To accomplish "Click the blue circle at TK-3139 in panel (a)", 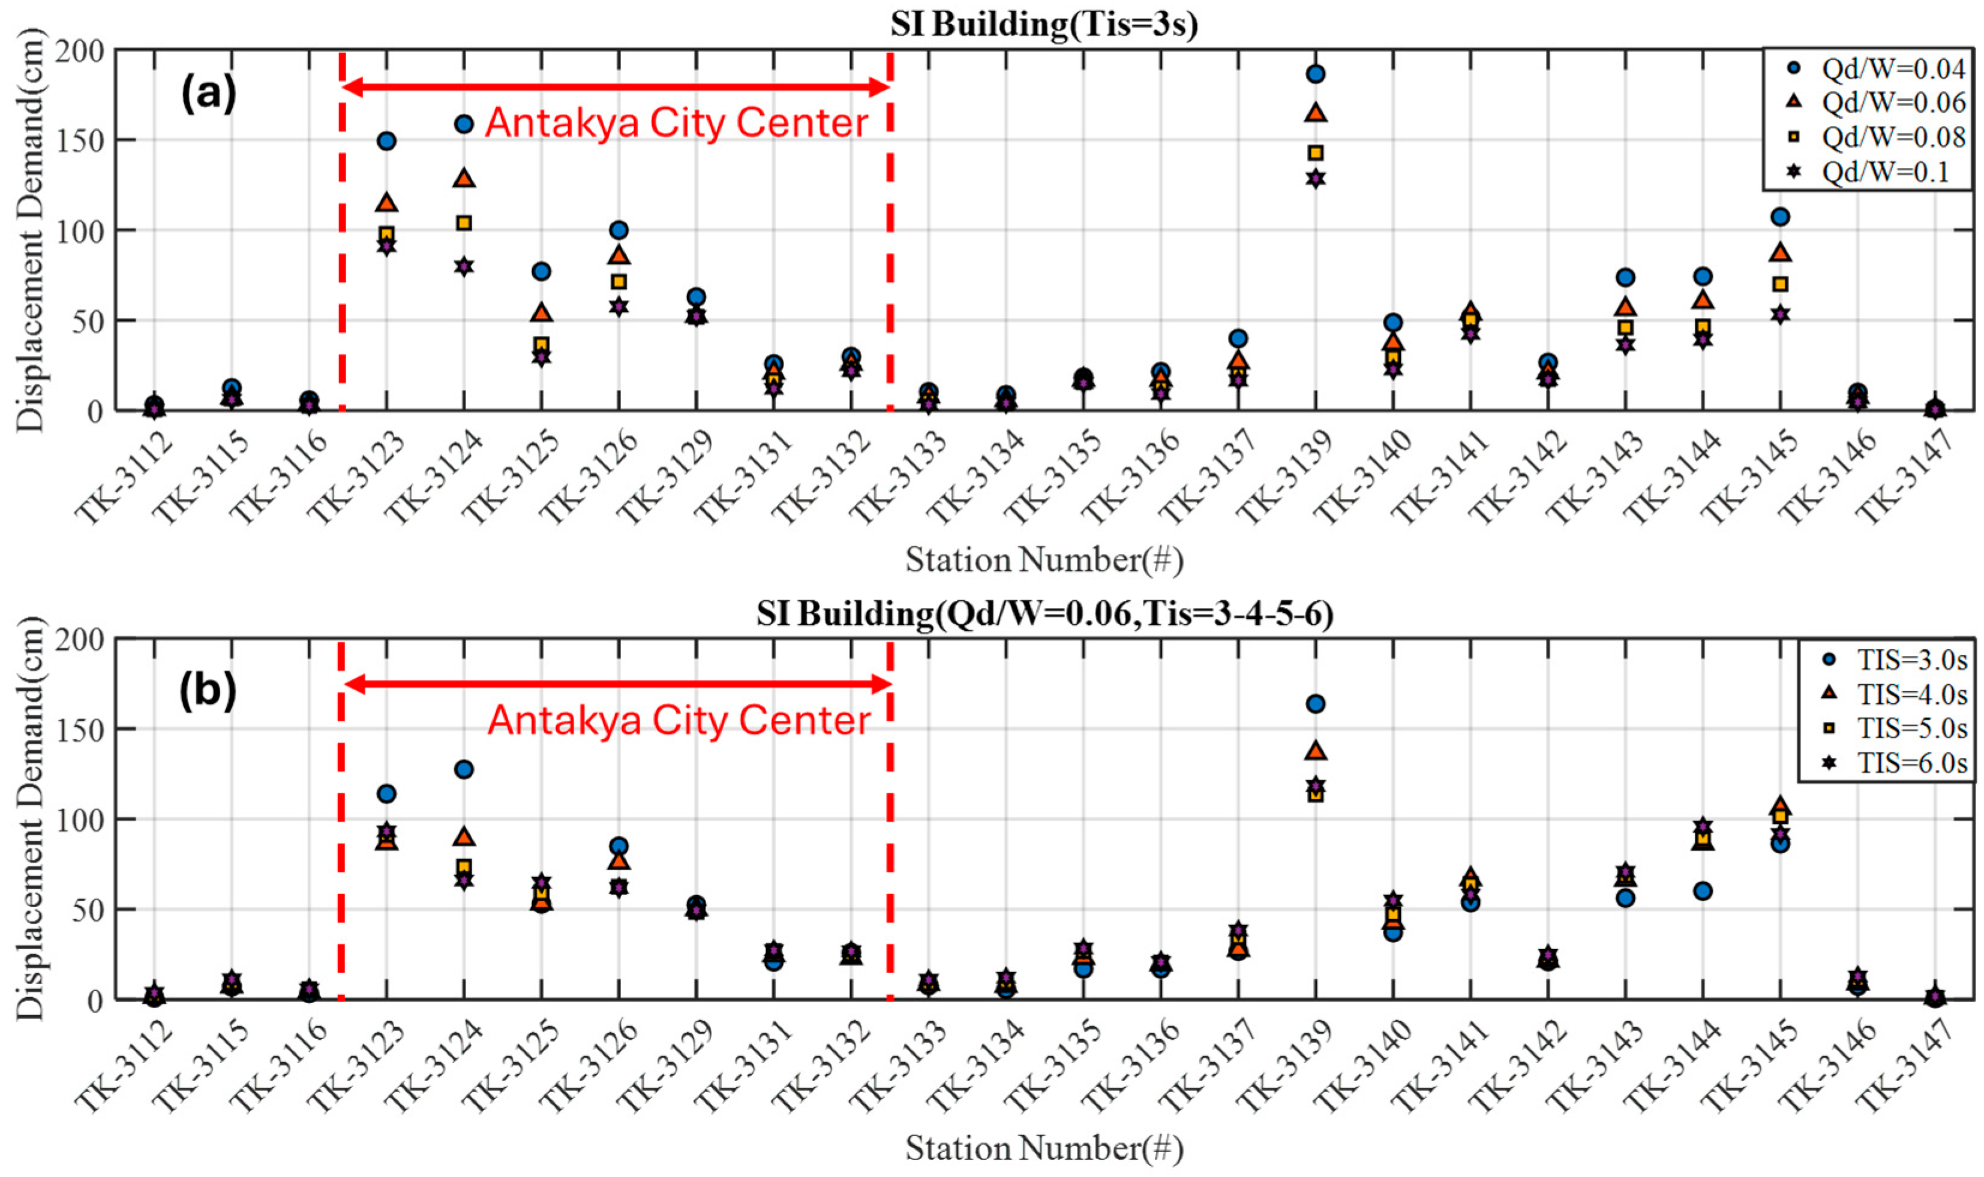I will coord(1315,74).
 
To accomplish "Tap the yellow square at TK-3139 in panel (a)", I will coord(1315,152).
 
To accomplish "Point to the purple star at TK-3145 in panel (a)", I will coord(1780,314).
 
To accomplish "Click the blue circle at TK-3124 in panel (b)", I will coord(464,769).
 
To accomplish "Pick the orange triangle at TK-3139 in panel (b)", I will coord(1315,750).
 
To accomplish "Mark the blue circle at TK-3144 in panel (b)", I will coord(1702,890).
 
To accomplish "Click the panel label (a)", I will coord(209,94).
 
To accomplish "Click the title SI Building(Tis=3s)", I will coord(1043,24).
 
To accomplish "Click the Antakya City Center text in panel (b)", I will coord(679,720).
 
